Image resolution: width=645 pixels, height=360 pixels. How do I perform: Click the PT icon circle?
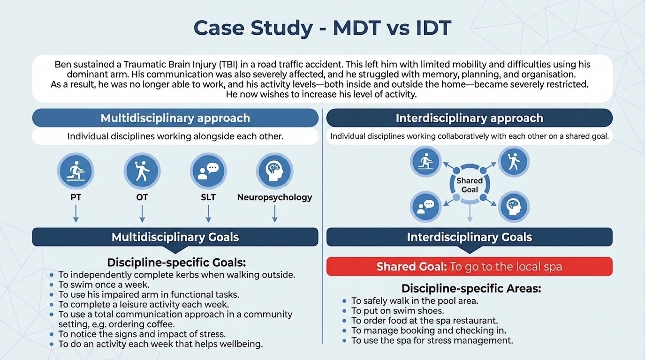coord(76,171)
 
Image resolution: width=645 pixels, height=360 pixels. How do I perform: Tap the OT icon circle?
coord(142,171)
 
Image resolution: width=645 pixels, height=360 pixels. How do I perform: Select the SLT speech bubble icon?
coord(208,171)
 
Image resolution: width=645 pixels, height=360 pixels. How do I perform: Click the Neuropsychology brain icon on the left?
coord(274,171)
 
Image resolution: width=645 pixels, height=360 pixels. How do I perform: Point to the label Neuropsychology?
coord(274,197)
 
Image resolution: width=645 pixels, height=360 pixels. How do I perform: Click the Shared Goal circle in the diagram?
coord(470,185)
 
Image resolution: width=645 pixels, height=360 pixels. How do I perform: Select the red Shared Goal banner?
coord(469,267)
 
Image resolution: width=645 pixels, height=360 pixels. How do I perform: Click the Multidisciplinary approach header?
coord(175,118)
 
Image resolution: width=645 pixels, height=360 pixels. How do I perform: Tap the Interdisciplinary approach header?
coord(469,118)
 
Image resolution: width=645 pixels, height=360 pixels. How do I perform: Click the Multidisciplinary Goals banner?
coord(175,237)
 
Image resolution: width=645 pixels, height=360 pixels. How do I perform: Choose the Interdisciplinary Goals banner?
coord(469,237)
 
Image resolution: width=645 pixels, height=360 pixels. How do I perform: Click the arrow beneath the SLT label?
coord(208,214)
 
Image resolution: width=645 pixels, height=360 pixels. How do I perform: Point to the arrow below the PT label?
coord(76,214)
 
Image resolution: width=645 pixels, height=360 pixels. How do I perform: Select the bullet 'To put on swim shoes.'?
coord(397,311)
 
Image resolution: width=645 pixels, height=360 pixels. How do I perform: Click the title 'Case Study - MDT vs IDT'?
coord(322,28)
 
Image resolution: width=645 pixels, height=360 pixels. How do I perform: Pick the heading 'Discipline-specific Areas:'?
coord(471,288)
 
